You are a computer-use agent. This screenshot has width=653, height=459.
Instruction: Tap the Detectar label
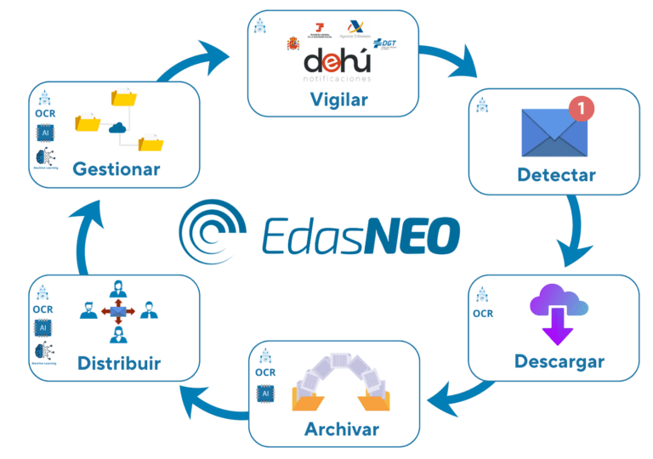pyautogui.click(x=556, y=176)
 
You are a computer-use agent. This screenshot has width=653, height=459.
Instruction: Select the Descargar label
pyautogui.click(x=559, y=361)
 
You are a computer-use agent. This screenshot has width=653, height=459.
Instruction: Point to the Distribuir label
pyautogui.click(x=119, y=364)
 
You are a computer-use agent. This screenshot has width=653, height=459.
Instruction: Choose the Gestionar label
pyautogui.click(x=116, y=168)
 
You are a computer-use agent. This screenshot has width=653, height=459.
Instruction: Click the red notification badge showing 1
pyautogui.click(x=580, y=108)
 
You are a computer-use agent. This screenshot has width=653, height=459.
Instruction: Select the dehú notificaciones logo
pyautogui.click(x=338, y=66)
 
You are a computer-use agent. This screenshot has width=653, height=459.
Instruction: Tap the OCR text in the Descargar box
pyautogui.click(x=483, y=314)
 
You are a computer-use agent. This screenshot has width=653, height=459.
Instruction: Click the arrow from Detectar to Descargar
pyautogui.click(x=579, y=229)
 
